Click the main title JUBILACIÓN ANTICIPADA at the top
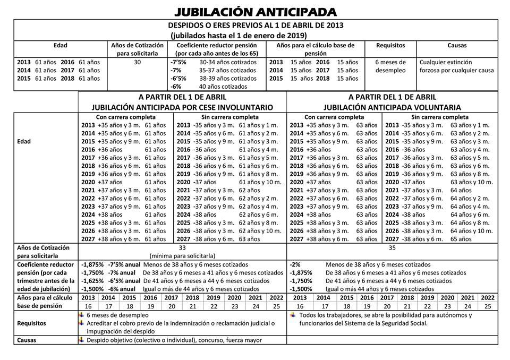tap(256, 12)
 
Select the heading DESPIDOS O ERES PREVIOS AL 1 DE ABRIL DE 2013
tap(256, 25)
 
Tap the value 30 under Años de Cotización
tap(137, 62)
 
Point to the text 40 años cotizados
tap(223, 87)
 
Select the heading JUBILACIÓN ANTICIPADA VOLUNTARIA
tap(392, 107)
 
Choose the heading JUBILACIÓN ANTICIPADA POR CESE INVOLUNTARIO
tap(182, 107)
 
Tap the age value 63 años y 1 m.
tap(470, 125)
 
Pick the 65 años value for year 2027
tap(461, 239)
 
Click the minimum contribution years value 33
tap(182, 247)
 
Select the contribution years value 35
tap(392, 247)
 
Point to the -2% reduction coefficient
tap(295, 264)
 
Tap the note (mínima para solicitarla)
tap(182, 255)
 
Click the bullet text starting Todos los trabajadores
tap(386, 315)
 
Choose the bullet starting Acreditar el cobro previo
tap(181, 323)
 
